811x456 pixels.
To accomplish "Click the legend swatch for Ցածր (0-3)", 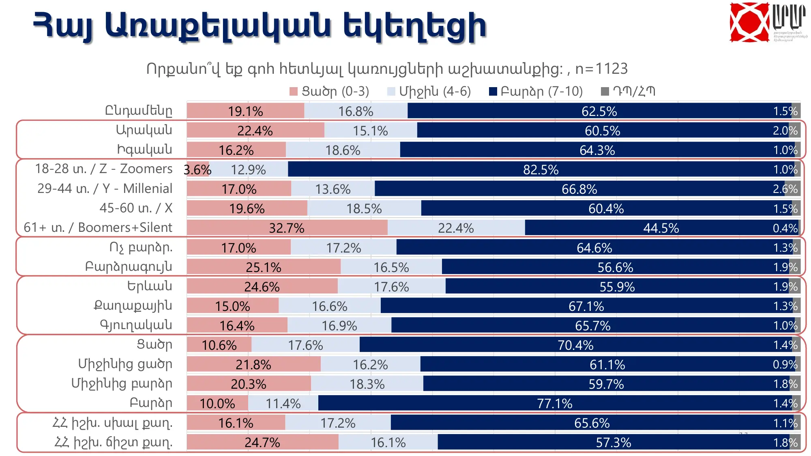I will point(294,92).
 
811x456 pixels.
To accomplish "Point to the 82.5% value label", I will point(541,170).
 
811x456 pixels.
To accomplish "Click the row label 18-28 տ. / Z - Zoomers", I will point(103,169).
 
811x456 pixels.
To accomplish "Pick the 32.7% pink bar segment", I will point(287,228).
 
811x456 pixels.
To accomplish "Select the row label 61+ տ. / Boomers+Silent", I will point(98,227).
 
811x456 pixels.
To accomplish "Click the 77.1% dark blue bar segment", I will point(554,403).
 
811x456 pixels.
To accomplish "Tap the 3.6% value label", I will point(197,170).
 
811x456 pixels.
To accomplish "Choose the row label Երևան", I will point(150,286).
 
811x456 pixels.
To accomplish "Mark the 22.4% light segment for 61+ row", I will point(456,228).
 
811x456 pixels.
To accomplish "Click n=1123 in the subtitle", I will point(601,69).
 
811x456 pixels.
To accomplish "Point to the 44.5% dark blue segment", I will point(661,228).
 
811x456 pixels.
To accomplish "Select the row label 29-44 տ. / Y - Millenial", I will point(105,188).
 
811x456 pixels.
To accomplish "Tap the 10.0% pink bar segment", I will point(217,403).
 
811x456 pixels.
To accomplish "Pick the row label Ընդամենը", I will point(139,110).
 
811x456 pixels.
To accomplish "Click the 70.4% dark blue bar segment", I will point(575,345).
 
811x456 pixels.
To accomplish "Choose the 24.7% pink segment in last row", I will point(262,442).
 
